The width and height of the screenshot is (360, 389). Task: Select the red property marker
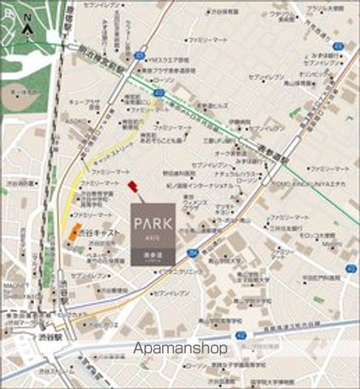click(x=134, y=187)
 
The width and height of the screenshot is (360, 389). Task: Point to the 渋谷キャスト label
click(x=95, y=231)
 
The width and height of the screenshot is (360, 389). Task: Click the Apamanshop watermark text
click(x=180, y=348)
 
